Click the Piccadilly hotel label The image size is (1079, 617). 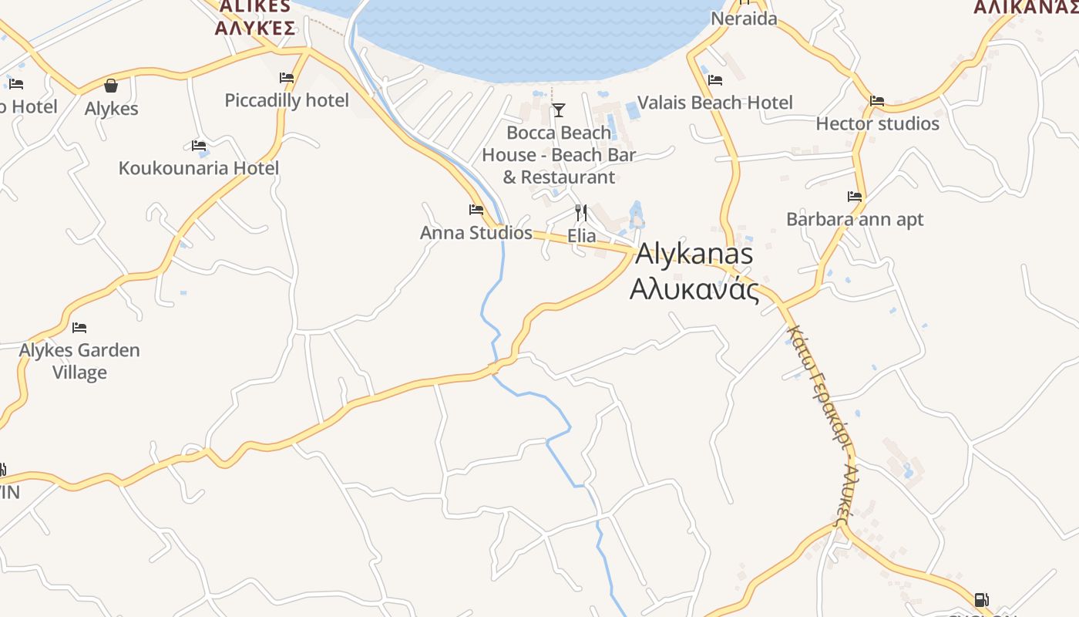click(287, 100)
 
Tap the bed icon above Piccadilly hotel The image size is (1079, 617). click(287, 78)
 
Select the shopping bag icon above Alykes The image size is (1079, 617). click(111, 86)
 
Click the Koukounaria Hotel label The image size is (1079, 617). click(199, 168)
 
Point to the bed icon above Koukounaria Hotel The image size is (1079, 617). click(199, 145)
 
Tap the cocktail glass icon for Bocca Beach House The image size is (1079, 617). click(559, 110)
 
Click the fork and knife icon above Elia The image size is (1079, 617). click(581, 212)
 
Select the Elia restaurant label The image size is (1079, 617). click(582, 235)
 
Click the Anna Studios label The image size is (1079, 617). click(476, 233)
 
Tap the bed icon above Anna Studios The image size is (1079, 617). click(476, 210)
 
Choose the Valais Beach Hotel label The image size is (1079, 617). click(715, 103)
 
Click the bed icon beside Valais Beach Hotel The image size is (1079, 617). click(715, 79)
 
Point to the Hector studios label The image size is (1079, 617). click(877, 123)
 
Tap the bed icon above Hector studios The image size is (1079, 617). click(877, 101)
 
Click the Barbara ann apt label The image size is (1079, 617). click(855, 220)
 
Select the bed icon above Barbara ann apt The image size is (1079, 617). click(855, 197)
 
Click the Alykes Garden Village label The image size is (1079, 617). click(79, 361)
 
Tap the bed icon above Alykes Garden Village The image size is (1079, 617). click(79, 327)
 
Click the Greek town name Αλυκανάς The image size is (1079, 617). click(694, 290)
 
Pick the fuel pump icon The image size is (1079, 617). click(981, 599)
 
